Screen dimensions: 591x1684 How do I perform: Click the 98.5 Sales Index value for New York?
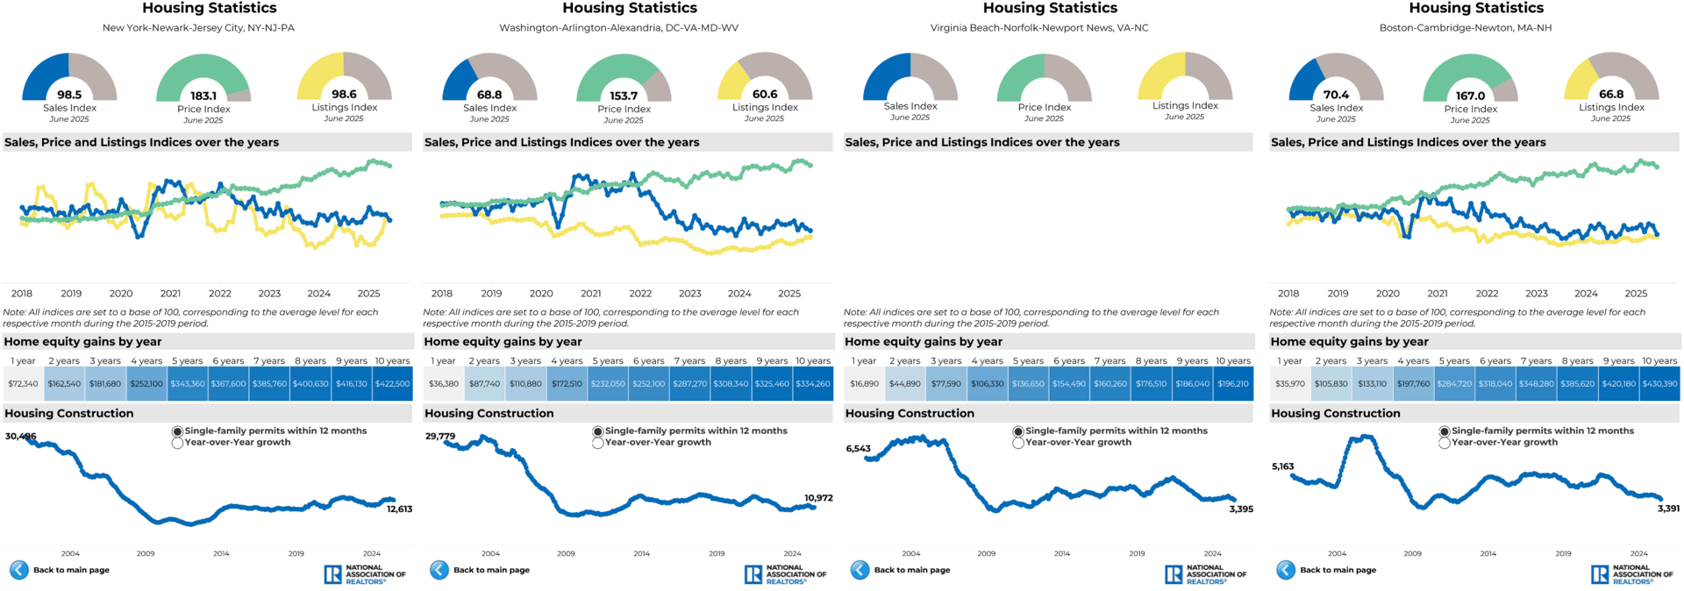tap(69, 95)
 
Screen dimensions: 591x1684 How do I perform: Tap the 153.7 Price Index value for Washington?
tap(624, 96)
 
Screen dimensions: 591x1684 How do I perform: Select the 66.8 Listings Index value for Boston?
tap(1611, 95)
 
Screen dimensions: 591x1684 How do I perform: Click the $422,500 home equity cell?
tap(392, 384)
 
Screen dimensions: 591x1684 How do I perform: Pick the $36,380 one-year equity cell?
tap(444, 384)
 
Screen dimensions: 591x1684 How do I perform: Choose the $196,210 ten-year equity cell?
tap(1233, 384)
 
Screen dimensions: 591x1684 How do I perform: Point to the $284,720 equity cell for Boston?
tap(1454, 384)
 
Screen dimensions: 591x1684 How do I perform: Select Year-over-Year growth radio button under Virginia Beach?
tap(1018, 443)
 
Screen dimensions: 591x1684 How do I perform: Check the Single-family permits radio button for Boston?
tap(1444, 431)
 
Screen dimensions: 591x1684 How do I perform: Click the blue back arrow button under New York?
tap(18, 570)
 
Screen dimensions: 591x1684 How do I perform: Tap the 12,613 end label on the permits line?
tap(399, 509)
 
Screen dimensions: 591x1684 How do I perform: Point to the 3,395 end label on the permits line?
tap(1241, 509)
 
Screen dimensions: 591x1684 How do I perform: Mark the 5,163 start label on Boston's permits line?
tap(1282, 466)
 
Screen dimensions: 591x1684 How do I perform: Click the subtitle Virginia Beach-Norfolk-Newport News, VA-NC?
tap(1038, 28)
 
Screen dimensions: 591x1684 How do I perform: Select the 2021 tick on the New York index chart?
tap(170, 294)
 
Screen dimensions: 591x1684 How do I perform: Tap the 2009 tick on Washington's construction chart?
tap(566, 553)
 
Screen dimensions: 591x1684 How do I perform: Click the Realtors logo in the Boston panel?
tap(1631, 574)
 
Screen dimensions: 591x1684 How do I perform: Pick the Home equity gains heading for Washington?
tap(503, 342)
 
